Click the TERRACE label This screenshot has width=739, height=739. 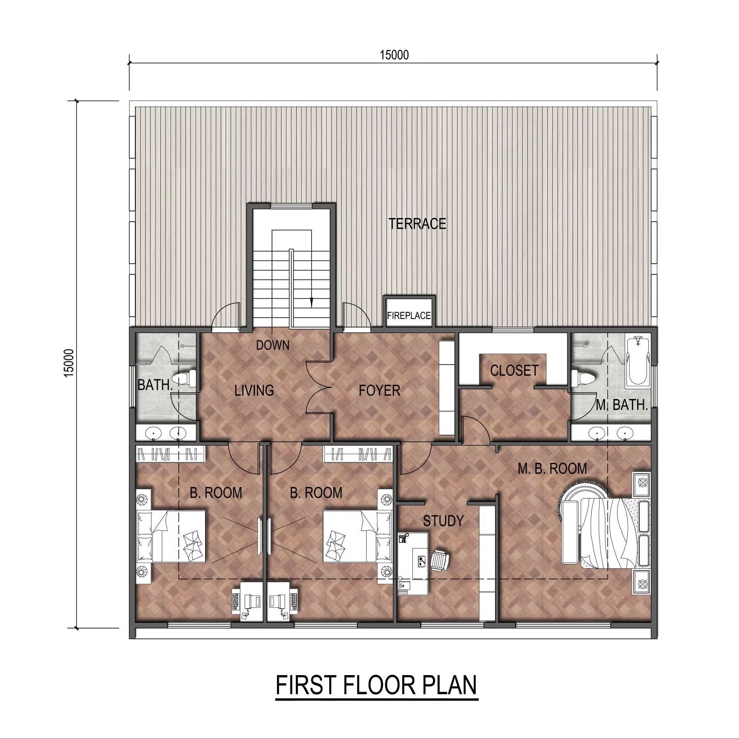coord(417,224)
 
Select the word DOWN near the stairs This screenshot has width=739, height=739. coord(273,345)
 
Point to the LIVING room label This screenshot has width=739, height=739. coord(254,391)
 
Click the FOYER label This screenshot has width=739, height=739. coord(379,391)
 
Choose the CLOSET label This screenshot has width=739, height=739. coord(514,371)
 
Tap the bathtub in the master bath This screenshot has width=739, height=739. coord(638,361)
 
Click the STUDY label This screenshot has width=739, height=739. coord(443,521)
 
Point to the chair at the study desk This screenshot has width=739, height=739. coord(440,561)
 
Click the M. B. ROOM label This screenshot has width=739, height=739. coord(552,469)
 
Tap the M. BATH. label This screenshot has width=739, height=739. coord(622,405)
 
